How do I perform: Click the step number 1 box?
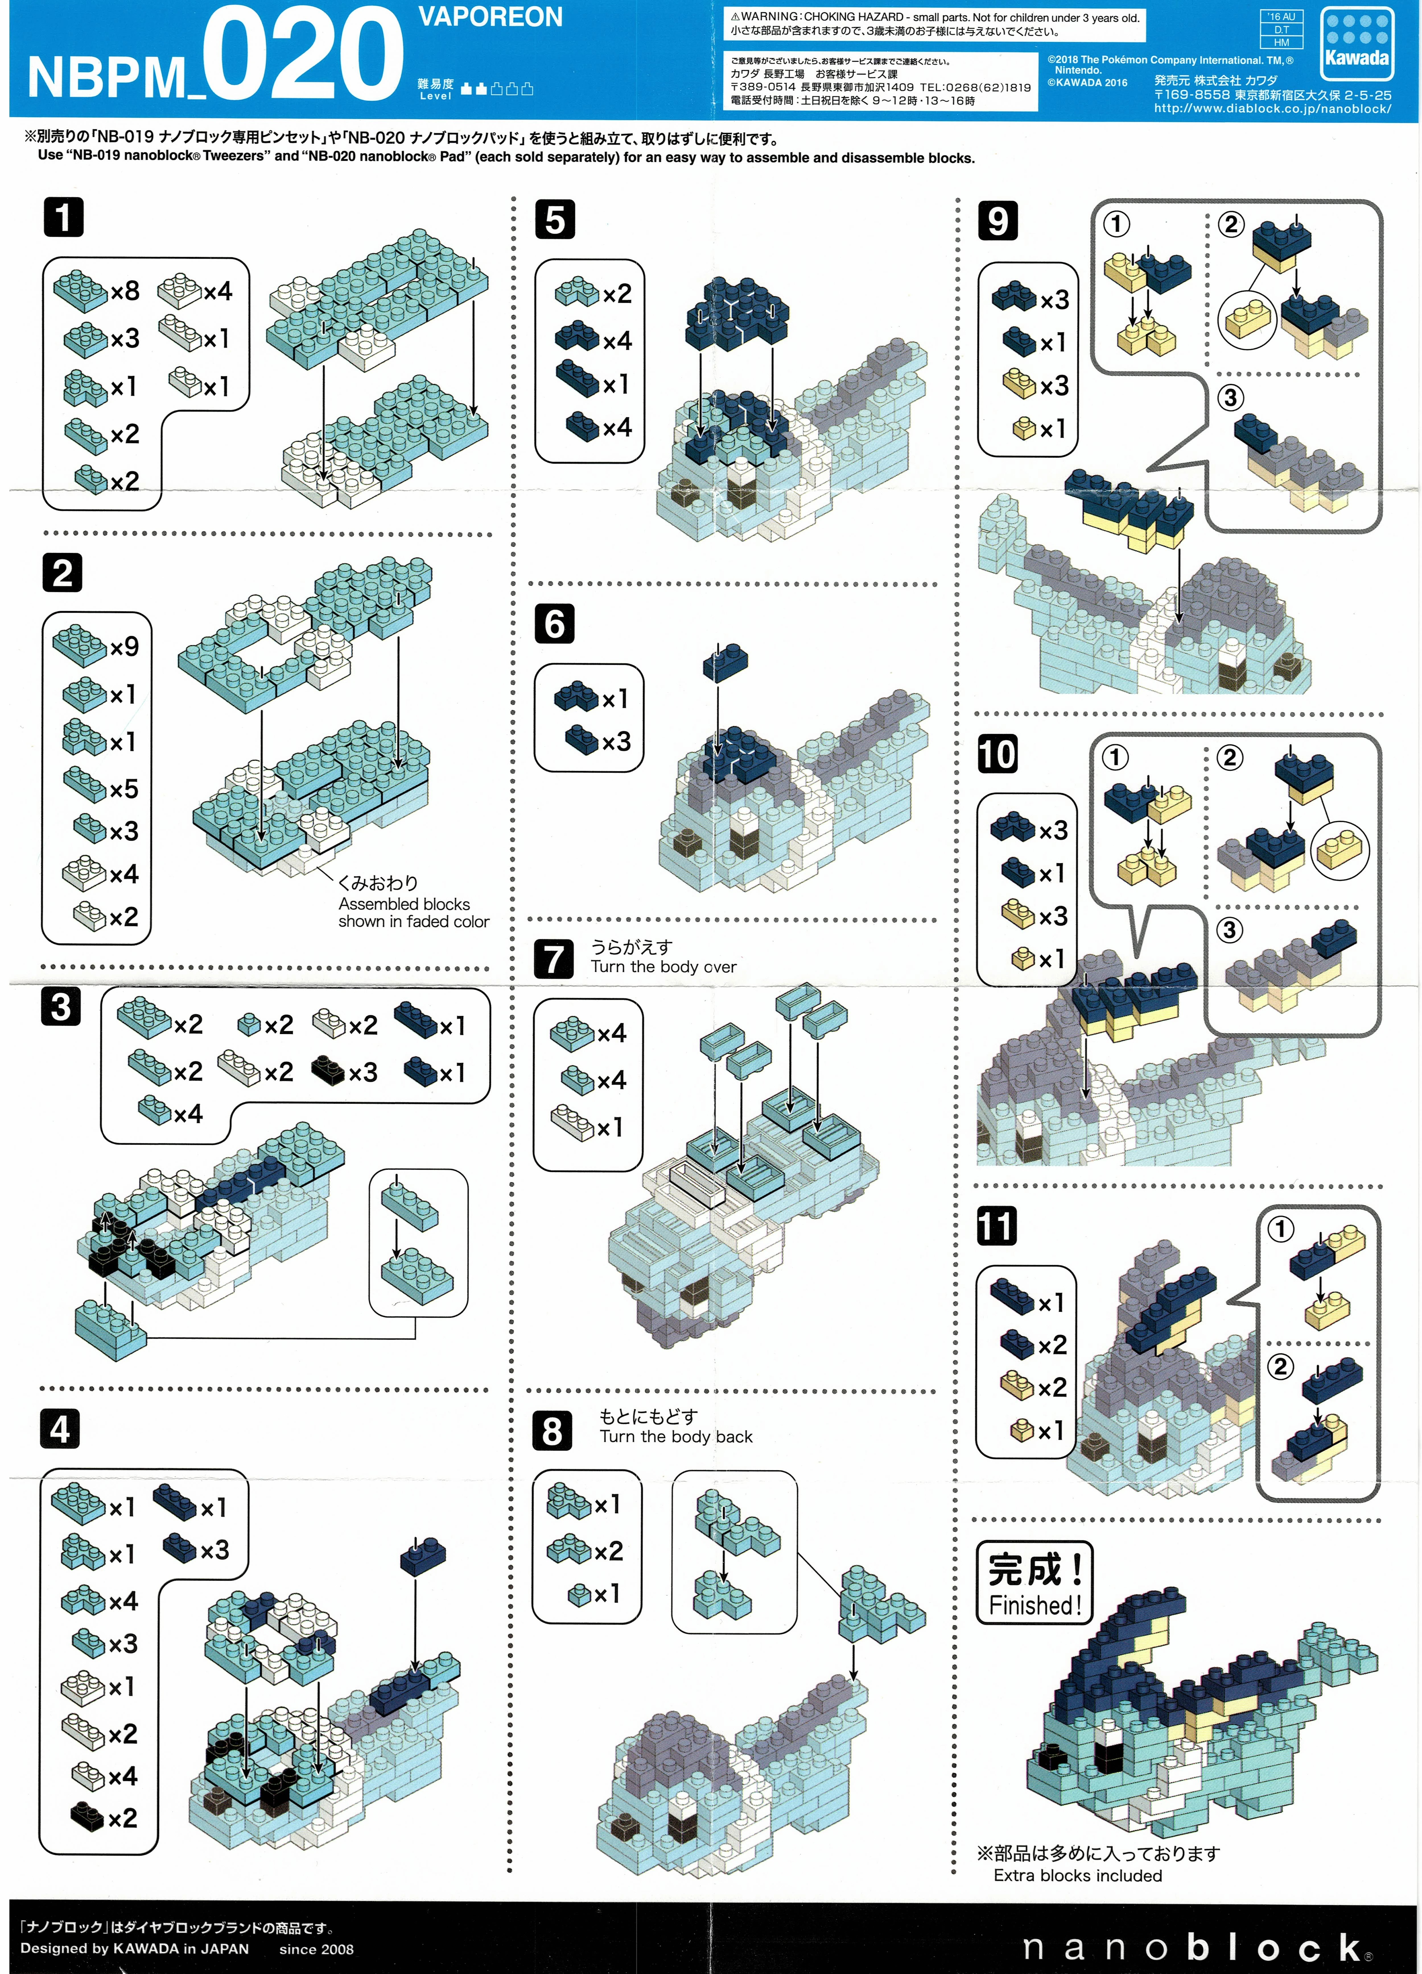[x=63, y=217]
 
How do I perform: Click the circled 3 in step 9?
[x=1230, y=398]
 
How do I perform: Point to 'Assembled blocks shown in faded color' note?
[x=413, y=912]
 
